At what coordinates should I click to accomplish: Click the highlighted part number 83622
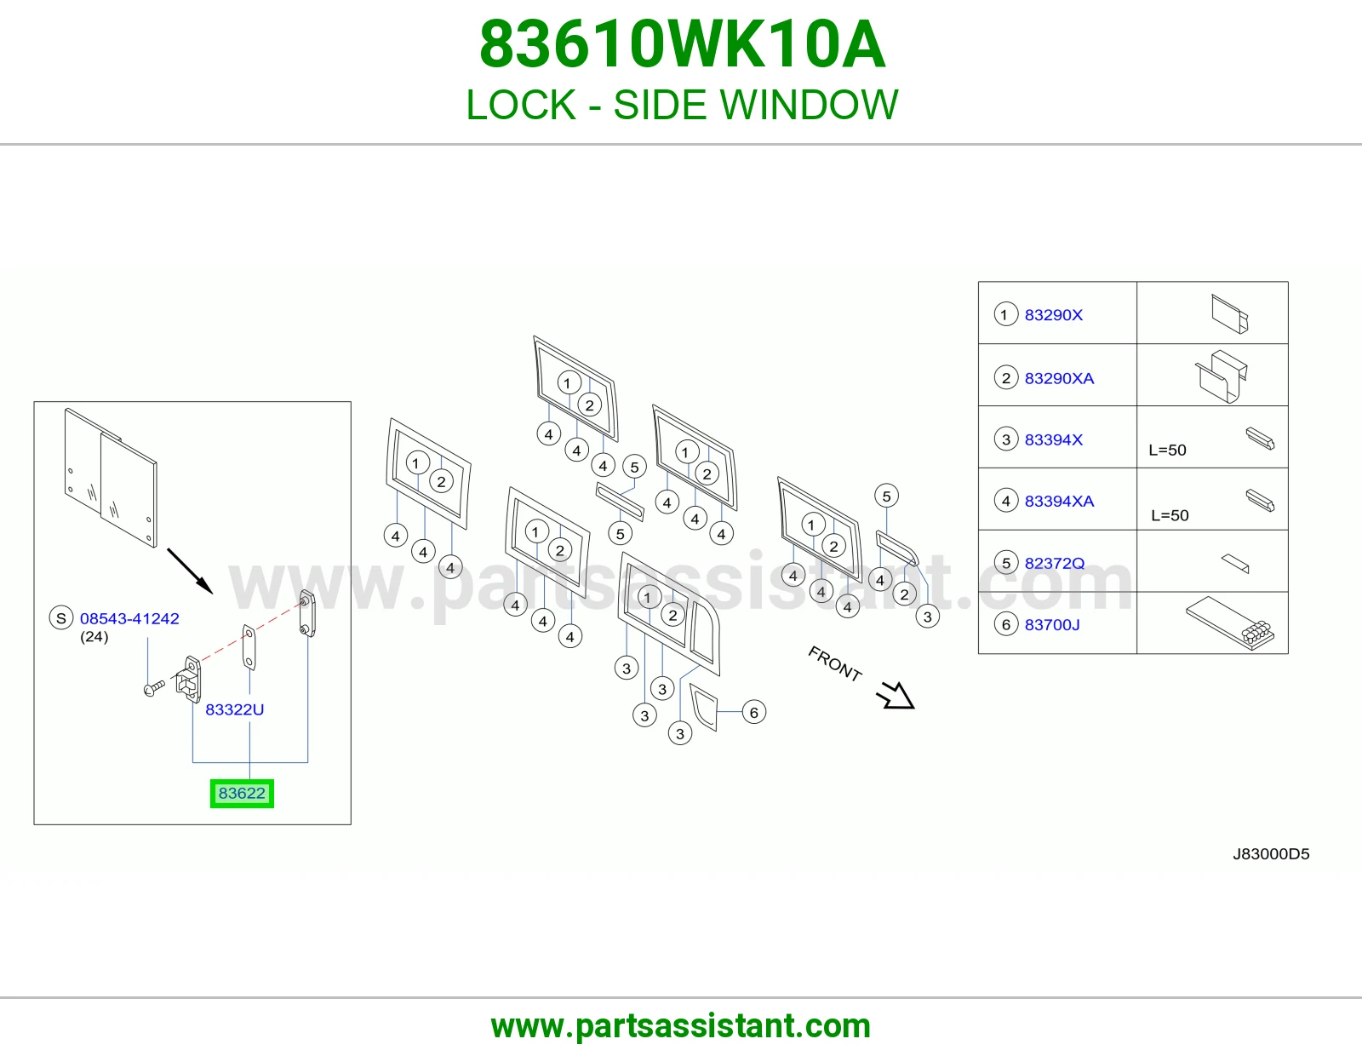[242, 793]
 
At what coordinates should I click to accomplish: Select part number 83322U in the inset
[234, 709]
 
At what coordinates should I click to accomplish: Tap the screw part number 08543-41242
[129, 618]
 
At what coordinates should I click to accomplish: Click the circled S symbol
[60, 618]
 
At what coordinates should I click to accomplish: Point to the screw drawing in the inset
[154, 688]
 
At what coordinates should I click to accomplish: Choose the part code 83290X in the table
[1054, 315]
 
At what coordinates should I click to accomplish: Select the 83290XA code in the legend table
[1059, 378]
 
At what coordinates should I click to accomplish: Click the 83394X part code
[1054, 439]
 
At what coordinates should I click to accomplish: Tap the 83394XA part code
[1059, 501]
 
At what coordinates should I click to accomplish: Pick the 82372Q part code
[1054, 563]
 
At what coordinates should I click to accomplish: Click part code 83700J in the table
[1052, 624]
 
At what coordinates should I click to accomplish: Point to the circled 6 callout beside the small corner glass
[754, 712]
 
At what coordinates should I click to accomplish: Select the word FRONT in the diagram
[835, 663]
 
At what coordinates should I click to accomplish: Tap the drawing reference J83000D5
[1271, 854]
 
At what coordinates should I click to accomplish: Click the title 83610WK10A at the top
[682, 44]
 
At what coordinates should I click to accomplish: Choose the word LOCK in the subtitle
[521, 105]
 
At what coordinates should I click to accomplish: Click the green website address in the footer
[681, 1026]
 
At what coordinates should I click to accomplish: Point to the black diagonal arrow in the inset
[190, 571]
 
